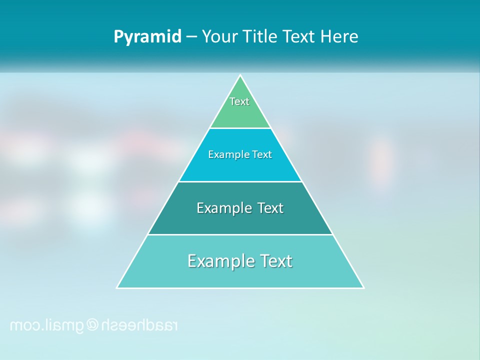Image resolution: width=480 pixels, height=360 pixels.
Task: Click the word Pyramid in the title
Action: pyautogui.click(x=147, y=37)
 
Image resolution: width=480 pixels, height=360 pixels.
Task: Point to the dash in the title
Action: pyautogui.click(x=191, y=37)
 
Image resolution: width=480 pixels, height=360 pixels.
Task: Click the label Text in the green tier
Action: pyautogui.click(x=239, y=101)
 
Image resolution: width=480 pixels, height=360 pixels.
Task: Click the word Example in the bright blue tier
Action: pyautogui.click(x=224, y=154)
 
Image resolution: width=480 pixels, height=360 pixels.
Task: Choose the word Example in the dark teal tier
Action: pyautogui.click(x=218, y=208)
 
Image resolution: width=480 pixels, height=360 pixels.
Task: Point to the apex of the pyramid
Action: pyautogui.click(x=240, y=76)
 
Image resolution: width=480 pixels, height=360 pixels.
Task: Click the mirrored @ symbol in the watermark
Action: pyautogui.click(x=92, y=325)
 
